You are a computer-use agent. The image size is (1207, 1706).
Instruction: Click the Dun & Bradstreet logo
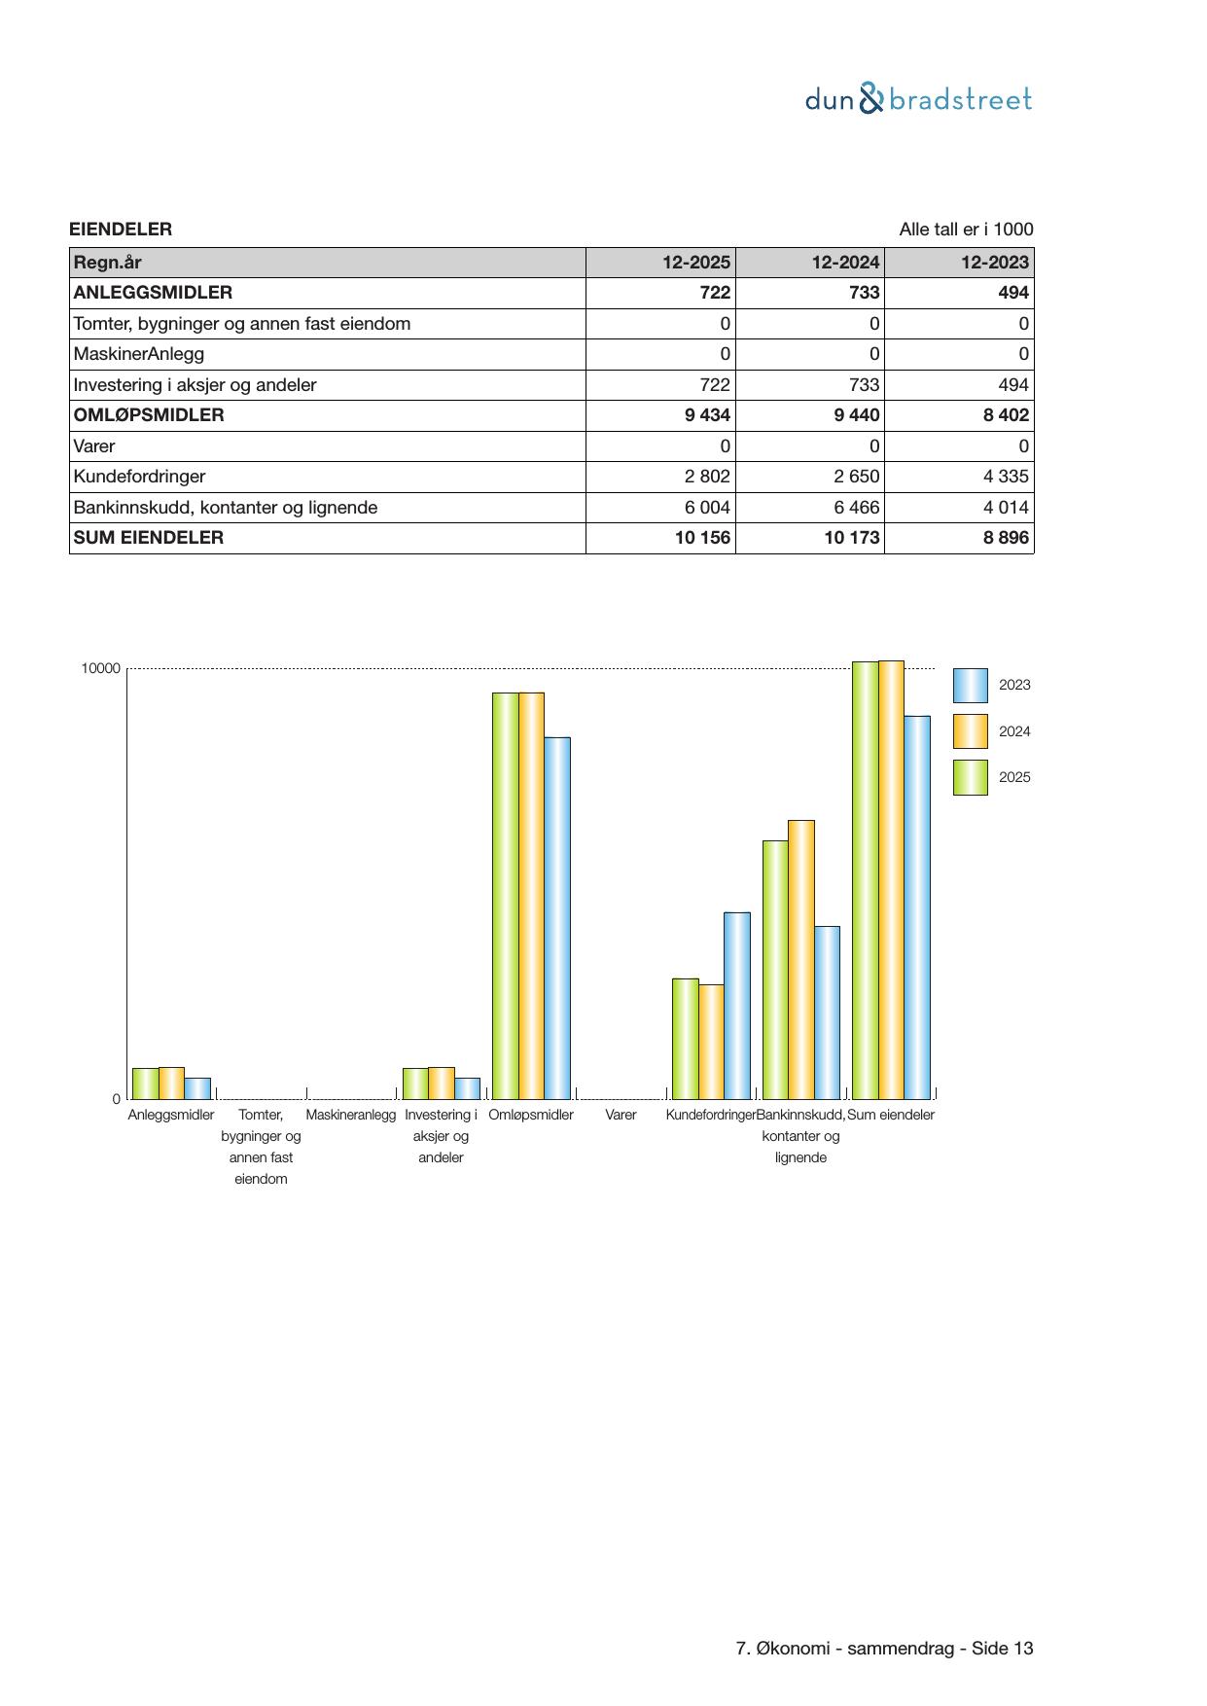918,99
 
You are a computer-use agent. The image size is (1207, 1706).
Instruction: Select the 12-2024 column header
845,263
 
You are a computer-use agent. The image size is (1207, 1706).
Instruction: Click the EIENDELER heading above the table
121,230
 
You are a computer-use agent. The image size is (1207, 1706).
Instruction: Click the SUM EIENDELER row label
149,538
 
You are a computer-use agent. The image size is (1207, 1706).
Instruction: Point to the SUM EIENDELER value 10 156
702,538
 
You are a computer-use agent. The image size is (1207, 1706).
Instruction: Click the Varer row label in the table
94,446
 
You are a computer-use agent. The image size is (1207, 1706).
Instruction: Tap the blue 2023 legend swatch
970,686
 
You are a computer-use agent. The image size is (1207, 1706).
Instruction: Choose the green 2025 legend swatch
970,778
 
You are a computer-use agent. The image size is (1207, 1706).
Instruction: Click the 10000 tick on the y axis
101,668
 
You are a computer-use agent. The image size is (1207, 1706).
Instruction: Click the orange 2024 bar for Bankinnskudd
801,959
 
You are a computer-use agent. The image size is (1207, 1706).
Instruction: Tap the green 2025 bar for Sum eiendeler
865,880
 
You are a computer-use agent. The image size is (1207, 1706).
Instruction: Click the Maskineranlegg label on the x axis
351,1115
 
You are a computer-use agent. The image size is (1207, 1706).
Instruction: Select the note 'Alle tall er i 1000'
966,230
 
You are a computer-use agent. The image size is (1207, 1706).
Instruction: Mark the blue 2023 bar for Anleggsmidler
197,1087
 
